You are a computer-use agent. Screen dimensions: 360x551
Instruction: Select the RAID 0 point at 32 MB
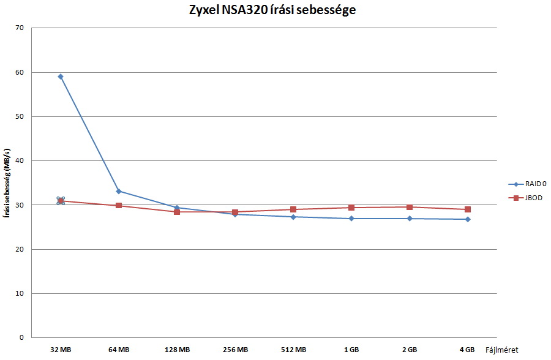click(x=61, y=77)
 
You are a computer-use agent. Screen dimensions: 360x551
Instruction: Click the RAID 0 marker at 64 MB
click(x=119, y=191)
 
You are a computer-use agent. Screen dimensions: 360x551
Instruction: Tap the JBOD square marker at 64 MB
click(x=119, y=206)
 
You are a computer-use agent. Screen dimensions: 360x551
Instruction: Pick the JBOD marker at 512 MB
click(x=293, y=209)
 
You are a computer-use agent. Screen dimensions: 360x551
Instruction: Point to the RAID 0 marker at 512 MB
click(x=293, y=217)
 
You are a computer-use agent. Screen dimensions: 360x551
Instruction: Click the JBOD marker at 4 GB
click(x=468, y=209)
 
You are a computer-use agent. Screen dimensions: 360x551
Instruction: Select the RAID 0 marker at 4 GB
click(x=468, y=219)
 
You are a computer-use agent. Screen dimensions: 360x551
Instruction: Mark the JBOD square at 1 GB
click(x=351, y=208)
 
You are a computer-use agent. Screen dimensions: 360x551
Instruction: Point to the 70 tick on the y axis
click(x=20, y=28)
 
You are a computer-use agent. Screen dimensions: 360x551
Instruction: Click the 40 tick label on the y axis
click(x=20, y=161)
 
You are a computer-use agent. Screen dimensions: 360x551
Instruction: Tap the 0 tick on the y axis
click(x=21, y=338)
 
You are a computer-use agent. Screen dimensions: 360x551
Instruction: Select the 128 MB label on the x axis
click(x=177, y=350)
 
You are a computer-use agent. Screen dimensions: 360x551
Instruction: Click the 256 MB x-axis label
click(x=235, y=350)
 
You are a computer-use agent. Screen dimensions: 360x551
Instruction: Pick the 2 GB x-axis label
click(x=410, y=350)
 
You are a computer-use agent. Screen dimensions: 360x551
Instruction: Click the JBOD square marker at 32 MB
click(x=61, y=201)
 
